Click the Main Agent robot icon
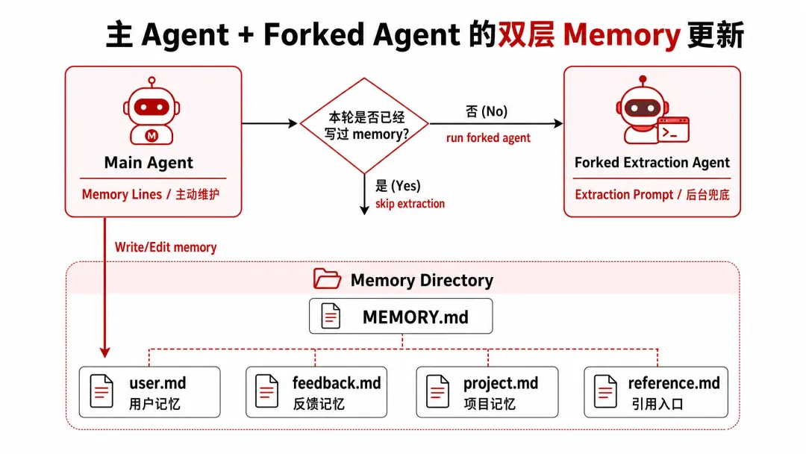[151, 111]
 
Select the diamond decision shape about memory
[364, 125]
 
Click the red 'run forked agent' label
[488, 138]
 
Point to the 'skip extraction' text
[410, 204]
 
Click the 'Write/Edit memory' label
[166, 247]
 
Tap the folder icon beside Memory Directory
[327, 279]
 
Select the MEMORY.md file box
[401, 316]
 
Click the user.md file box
[149, 392]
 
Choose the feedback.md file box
[316, 392]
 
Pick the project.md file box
[487, 392]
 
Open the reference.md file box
[656, 392]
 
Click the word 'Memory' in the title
[622, 36]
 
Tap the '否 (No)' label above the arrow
[487, 111]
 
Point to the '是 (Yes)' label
[398, 186]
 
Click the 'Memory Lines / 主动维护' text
[151, 194]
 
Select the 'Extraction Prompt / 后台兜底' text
[652, 194]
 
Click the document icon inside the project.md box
[437, 391]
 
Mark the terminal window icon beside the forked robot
[673, 130]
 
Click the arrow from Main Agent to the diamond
[269, 123]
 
